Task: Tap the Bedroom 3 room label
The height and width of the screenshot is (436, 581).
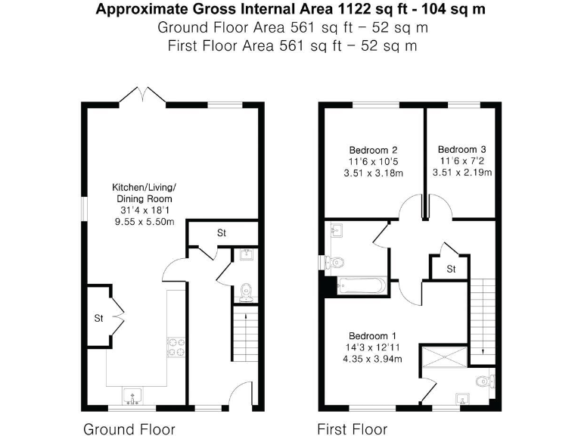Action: [x=462, y=149]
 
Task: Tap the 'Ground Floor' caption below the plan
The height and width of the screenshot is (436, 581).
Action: [x=129, y=429]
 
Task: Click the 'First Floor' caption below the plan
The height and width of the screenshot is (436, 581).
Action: [x=352, y=429]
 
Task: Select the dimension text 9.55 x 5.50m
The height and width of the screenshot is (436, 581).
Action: [x=144, y=222]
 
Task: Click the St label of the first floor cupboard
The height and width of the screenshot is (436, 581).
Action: [x=450, y=269]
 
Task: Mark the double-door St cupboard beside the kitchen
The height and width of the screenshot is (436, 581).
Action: [x=98, y=318]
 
